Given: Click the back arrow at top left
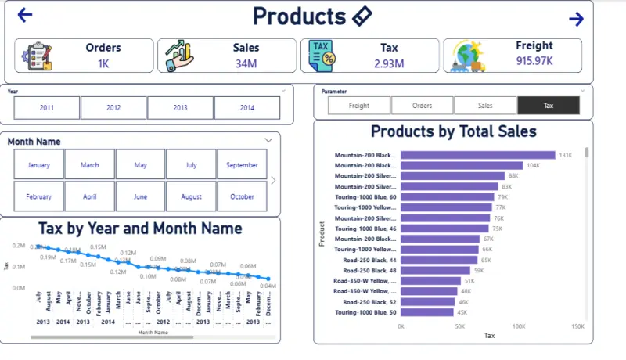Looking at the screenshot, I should [x=25, y=15].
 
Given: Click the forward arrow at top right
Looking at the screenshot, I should [x=576, y=20].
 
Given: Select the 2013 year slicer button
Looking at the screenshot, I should [x=180, y=108].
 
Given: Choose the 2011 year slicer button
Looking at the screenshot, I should [x=47, y=108].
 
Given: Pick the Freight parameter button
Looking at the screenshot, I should [x=358, y=105].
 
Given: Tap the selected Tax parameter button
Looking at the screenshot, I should [x=548, y=105].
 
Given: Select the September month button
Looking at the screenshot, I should [x=242, y=165].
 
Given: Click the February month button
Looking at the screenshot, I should [x=39, y=197].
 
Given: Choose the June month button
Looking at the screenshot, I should [x=140, y=197].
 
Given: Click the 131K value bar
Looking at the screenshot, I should [x=477, y=156].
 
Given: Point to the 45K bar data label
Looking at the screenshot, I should [x=462, y=312].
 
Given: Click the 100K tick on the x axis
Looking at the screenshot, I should [x=518, y=326].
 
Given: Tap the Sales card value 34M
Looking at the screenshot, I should [x=246, y=63].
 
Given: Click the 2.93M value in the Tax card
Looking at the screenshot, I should [x=389, y=63].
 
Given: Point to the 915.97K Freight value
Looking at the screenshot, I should [x=534, y=60].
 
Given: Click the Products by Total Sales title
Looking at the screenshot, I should [x=453, y=131].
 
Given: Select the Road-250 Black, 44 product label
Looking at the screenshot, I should [x=365, y=260].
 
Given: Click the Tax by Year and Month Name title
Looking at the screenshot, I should [x=140, y=229].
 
